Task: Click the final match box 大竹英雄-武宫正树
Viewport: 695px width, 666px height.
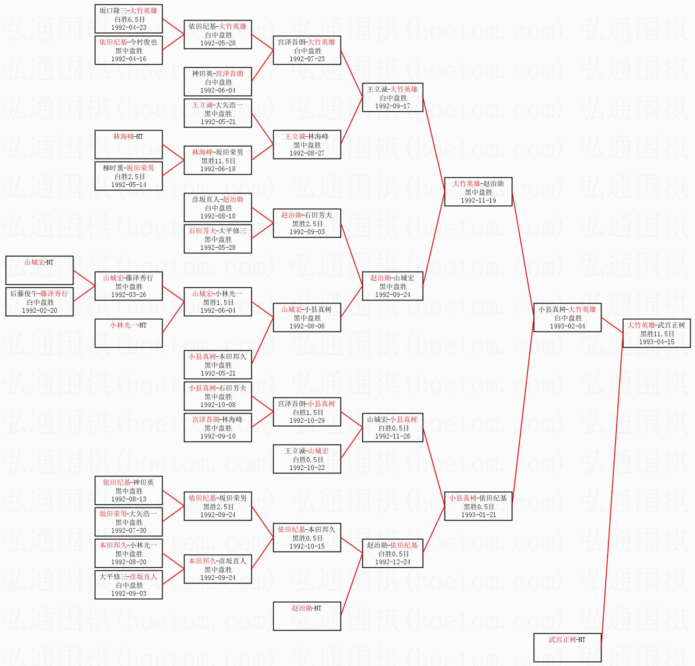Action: tap(657, 333)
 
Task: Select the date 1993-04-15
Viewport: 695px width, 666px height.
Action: tap(657, 342)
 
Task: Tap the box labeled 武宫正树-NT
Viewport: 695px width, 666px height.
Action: tap(567, 647)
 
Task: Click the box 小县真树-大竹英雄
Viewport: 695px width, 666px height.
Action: tap(567, 317)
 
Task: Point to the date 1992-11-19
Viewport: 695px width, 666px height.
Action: tap(478, 200)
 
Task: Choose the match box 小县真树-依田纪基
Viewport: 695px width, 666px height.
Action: tap(478, 506)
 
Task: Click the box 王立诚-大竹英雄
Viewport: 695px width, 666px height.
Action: tap(393, 97)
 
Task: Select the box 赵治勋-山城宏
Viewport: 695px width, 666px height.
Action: tap(393, 286)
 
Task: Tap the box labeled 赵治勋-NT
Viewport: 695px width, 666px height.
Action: tap(307, 616)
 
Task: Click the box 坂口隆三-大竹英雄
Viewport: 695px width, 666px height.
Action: tap(129, 19)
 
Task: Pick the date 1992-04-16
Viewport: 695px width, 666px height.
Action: tap(129, 59)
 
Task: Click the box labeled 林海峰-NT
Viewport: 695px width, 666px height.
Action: tap(129, 144)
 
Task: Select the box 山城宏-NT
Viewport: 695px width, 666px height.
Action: tap(39, 270)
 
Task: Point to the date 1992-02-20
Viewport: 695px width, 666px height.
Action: tap(39, 311)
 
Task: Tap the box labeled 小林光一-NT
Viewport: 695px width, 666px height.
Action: tap(129, 333)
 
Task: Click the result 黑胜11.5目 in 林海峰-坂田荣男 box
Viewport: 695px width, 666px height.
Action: tap(218, 161)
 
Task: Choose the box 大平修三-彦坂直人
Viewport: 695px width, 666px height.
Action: tap(129, 585)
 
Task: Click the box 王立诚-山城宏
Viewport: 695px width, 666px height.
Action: tap(307, 459)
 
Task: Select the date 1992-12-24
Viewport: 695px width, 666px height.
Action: tap(393, 562)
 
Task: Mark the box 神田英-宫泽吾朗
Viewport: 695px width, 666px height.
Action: tap(218, 82)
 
